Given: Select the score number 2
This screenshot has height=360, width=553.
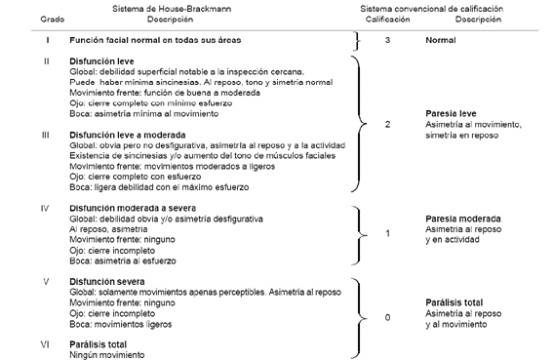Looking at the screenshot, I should pos(387,125).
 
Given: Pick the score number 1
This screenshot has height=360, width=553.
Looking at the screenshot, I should pos(387,234).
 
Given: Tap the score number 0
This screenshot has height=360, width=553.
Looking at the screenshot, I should pos(387,317).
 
